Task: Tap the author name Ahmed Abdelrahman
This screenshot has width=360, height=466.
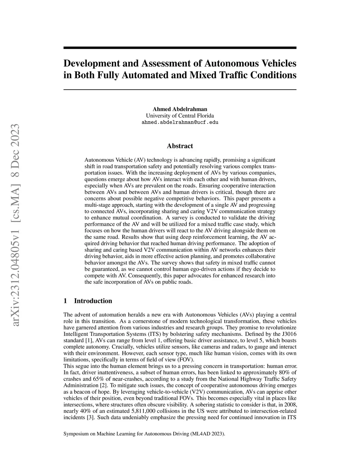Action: [x=180, y=109]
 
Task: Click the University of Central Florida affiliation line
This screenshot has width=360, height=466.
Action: [x=180, y=116]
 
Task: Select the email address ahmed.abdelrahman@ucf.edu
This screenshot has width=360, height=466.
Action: [x=180, y=122]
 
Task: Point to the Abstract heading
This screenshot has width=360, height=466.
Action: [x=180, y=146]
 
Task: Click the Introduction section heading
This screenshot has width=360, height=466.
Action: [x=93, y=301]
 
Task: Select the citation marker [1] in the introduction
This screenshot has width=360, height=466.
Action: [x=89, y=340]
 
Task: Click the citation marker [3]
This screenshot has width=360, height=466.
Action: [x=90, y=417]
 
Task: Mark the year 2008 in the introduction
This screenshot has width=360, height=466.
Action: [x=290, y=404]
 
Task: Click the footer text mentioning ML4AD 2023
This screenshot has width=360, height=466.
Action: [x=144, y=434]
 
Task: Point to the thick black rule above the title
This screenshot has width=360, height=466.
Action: [x=180, y=48]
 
